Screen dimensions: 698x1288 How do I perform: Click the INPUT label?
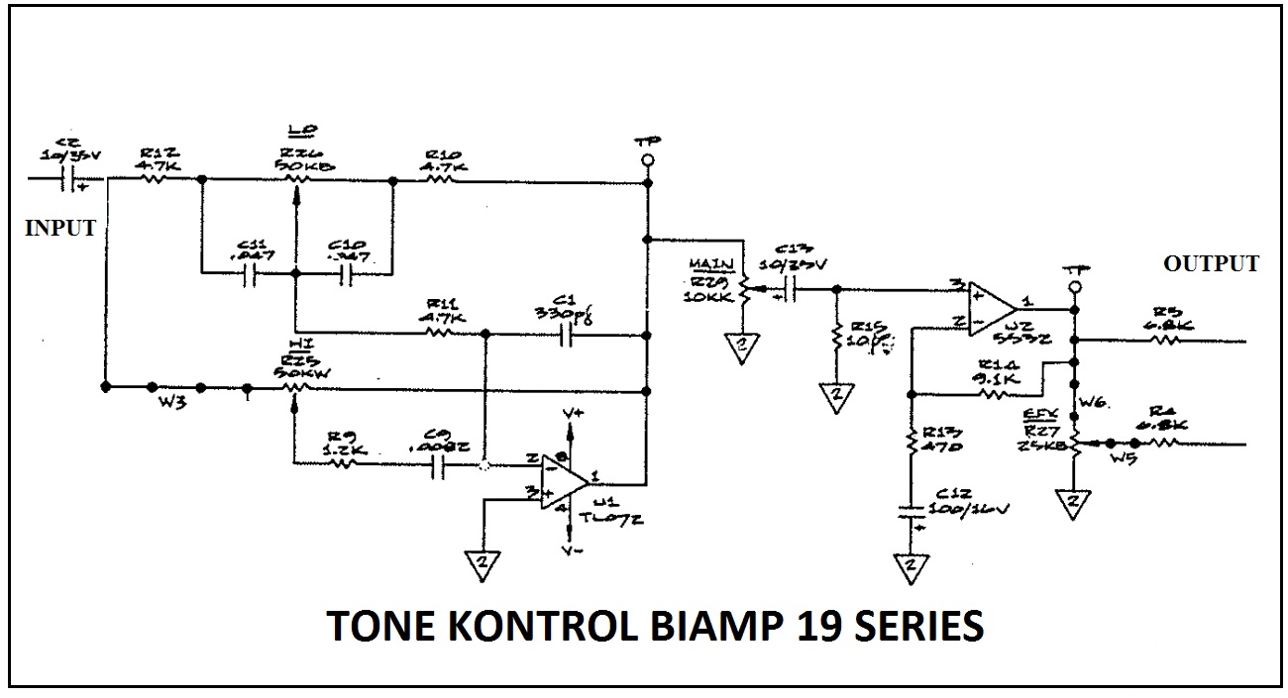pyautogui.click(x=60, y=228)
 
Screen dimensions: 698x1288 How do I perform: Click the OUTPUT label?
pyautogui.click(x=1211, y=263)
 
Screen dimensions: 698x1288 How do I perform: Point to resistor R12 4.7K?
pyautogui.click(x=154, y=179)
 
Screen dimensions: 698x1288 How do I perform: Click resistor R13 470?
pyautogui.click(x=909, y=441)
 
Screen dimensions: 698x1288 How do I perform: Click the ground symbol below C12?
pyautogui.click(x=908, y=567)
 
